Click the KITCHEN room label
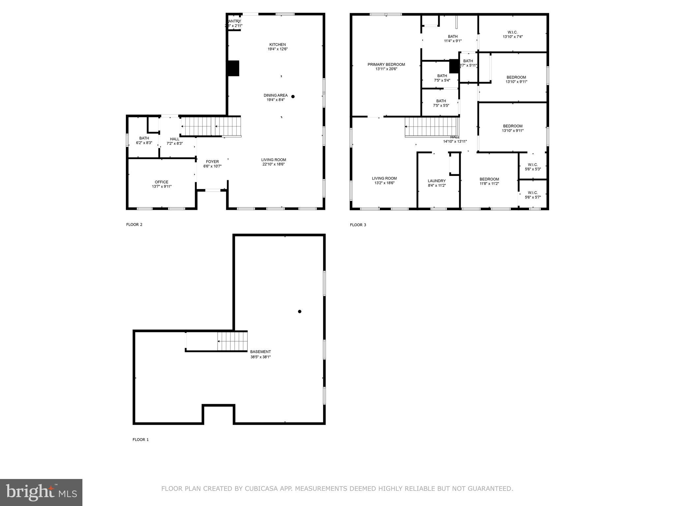pos(278,44)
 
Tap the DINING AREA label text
pos(276,95)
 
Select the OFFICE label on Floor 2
pos(161,182)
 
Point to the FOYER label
pos(212,161)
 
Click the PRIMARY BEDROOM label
pos(386,64)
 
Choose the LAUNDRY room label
pos(437,181)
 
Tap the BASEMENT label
pos(260,351)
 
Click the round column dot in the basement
pos(300,311)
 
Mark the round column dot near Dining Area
pos(293,97)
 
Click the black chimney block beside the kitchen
pos(233,68)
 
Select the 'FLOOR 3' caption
pos(358,225)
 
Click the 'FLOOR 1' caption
pos(141,439)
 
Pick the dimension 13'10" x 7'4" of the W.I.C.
pos(513,37)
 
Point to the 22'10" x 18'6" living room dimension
pos(274,164)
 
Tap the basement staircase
pos(232,341)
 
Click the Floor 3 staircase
pos(432,127)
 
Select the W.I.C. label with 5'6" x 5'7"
pos(533,193)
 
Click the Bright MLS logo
pos(41,492)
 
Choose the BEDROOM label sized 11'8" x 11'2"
pos(489,179)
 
